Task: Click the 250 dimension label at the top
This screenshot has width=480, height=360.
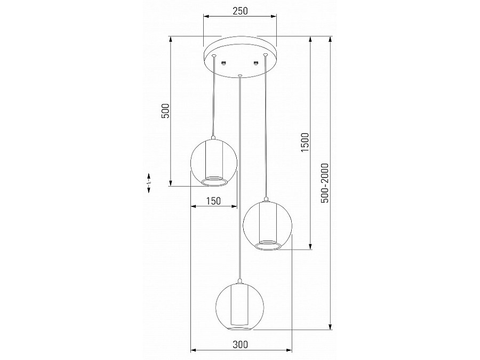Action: (240, 11)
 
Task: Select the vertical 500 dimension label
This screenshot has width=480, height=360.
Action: (165, 111)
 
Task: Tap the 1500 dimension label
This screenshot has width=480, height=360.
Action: (305, 143)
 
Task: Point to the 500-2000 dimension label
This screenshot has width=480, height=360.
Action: (325, 182)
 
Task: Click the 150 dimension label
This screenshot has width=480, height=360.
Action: (213, 201)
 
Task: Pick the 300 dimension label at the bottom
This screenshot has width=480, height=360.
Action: (241, 345)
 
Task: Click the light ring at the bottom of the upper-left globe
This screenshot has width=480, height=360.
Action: (214, 182)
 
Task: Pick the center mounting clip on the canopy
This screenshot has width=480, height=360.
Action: (225, 63)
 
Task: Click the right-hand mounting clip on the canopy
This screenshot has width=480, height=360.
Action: (256, 63)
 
